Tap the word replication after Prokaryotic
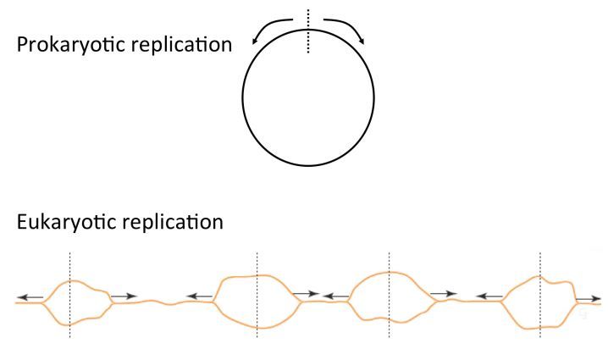click(180, 44)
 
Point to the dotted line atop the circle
click(309, 30)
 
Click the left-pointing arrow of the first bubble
click(31, 296)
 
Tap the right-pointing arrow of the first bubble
click(124, 296)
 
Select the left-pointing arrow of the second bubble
click(200, 296)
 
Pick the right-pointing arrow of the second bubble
click(306, 295)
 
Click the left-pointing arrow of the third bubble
click(335, 296)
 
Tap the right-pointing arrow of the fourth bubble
click(589, 298)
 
